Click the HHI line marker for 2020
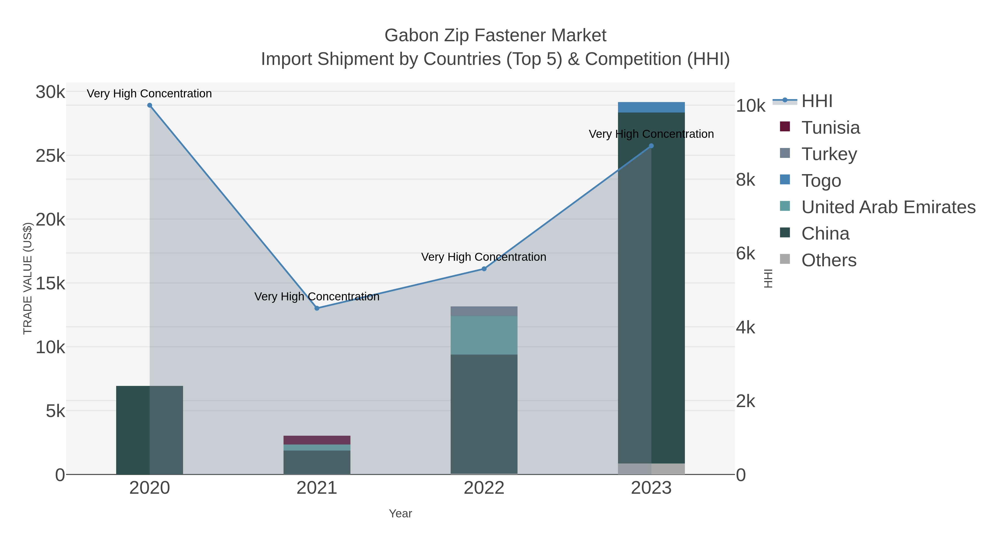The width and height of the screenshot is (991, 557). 150,105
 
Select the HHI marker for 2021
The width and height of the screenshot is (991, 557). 317,308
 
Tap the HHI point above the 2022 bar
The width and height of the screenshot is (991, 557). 484,269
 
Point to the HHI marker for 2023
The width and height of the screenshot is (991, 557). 651,146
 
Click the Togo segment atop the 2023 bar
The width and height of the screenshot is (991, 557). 651,107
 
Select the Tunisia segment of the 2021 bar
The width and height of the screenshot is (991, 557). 317,440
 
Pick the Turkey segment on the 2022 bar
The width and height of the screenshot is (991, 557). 484,311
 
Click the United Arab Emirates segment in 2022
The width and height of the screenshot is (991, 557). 484,335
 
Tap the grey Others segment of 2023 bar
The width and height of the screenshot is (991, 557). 651,469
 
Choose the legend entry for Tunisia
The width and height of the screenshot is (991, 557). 830,128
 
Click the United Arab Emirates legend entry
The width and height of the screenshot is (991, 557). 888,207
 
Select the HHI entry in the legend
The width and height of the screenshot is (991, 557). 816,101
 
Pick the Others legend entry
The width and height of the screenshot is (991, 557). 828,260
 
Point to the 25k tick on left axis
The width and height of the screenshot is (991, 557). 50,156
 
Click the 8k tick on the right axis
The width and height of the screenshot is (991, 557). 745,180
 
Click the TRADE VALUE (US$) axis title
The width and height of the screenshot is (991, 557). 28,278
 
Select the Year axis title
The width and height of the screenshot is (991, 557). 401,514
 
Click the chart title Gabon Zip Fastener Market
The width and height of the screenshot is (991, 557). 495,35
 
